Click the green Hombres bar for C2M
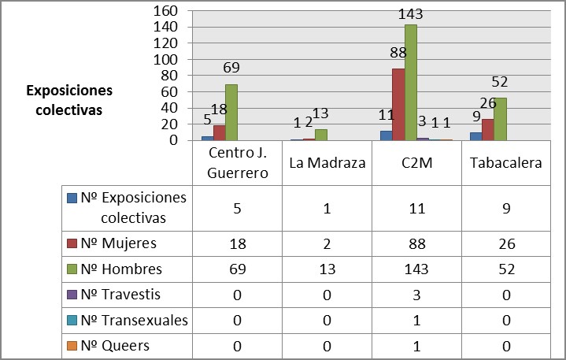click(411, 83)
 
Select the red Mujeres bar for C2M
click(398, 105)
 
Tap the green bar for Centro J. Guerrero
click(231, 113)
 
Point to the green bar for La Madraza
click(320, 135)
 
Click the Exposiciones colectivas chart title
click(69, 100)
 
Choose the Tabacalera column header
click(506, 162)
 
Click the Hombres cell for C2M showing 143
click(416, 269)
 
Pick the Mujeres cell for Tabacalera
click(506, 243)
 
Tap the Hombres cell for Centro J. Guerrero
click(236, 269)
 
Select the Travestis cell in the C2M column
click(416, 295)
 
